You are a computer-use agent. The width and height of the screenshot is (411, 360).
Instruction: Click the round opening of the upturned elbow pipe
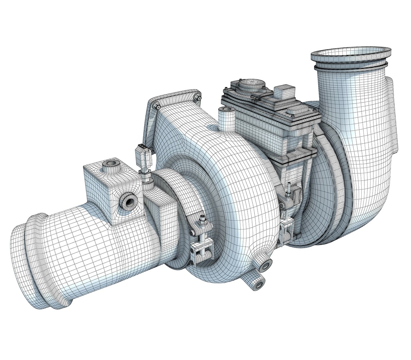tap(352, 55)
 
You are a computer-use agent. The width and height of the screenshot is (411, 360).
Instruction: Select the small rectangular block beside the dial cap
tap(285, 91)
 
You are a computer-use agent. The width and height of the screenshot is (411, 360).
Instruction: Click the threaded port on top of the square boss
tap(109, 164)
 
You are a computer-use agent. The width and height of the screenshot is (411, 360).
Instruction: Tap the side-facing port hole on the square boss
tap(128, 202)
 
